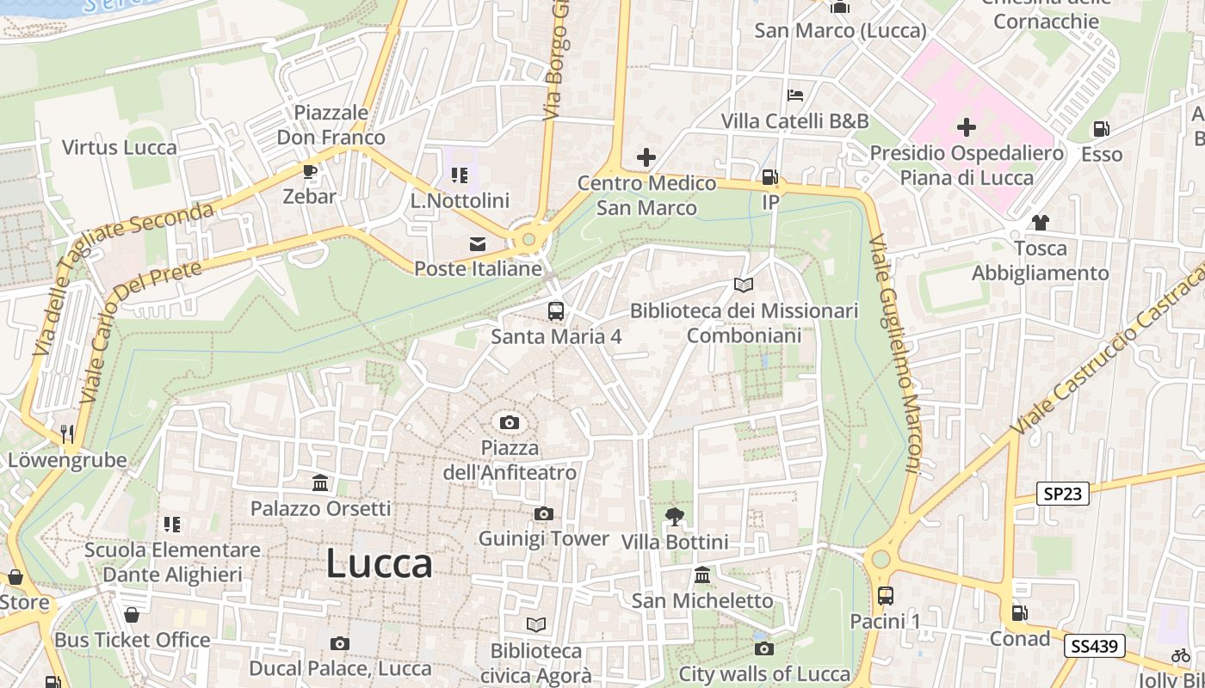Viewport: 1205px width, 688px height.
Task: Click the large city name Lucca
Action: (379, 564)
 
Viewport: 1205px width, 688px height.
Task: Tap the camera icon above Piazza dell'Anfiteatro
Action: (510, 422)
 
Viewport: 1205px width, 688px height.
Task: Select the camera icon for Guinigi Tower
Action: (543, 514)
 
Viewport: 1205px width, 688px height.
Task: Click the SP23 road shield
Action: (1064, 494)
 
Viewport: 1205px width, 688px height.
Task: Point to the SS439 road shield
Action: (1093, 646)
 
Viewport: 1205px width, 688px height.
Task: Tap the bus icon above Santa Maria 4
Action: (556, 310)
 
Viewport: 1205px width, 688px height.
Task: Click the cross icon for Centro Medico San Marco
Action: (646, 157)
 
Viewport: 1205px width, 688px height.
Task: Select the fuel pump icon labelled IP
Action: (769, 177)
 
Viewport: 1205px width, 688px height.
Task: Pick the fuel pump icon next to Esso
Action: (1101, 129)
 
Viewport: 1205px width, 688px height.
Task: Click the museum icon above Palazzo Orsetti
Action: (321, 483)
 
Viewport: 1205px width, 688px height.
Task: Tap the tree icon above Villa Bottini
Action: (675, 517)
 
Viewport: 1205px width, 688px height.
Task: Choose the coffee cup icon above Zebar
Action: (310, 171)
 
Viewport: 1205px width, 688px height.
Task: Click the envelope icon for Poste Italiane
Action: (477, 244)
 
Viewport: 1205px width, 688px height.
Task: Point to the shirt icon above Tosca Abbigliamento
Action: (1040, 223)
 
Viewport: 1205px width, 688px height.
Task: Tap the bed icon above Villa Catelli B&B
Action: (795, 95)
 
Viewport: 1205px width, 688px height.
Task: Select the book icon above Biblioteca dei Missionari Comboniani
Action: (744, 285)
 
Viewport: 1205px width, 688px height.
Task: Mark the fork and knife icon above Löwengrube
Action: (67, 435)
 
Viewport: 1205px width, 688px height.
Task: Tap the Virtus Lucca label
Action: (120, 147)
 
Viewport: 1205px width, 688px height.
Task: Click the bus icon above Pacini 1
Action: (885, 595)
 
